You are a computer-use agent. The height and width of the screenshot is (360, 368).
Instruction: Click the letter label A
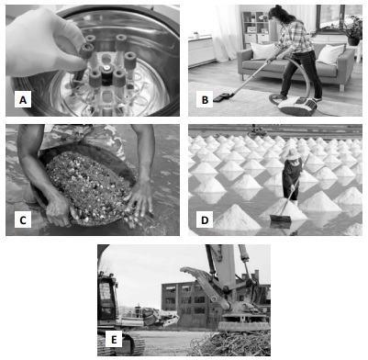coord(23,100)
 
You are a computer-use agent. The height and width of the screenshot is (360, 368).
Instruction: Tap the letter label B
coord(205,100)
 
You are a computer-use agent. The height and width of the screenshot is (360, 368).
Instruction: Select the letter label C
coord(23,219)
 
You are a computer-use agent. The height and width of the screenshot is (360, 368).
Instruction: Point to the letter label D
coord(205,219)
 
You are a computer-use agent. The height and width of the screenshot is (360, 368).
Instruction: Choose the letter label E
coord(114,339)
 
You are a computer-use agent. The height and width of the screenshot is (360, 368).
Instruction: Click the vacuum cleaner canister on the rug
coord(294,105)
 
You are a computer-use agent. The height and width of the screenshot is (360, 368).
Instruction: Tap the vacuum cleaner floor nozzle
coord(222,97)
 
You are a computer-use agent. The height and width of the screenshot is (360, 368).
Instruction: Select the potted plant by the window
coord(354,30)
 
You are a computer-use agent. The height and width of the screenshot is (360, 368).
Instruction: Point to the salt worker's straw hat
coord(293,154)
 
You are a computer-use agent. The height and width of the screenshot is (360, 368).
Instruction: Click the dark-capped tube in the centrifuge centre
coord(106,74)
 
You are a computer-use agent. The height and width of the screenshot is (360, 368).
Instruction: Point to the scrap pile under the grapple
coord(232,343)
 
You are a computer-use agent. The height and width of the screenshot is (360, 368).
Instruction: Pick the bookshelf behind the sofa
coord(254,28)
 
